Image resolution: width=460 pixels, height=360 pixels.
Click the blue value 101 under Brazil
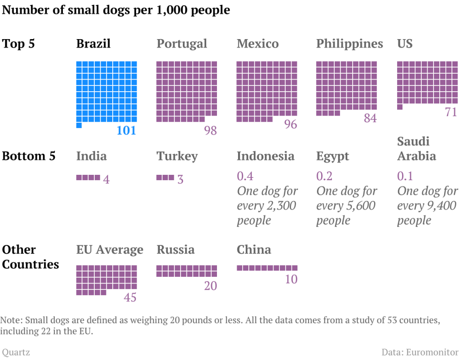point(126,131)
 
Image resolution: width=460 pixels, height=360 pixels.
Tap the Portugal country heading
point(182,44)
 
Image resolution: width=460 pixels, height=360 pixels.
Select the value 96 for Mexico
point(291,124)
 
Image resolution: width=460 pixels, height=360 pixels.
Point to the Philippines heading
point(349,44)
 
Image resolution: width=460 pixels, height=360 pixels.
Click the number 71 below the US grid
point(451,112)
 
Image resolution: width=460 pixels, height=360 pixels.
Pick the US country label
point(405,44)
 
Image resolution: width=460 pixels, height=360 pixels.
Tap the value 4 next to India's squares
point(106,179)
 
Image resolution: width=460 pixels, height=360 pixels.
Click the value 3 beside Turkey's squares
point(180,179)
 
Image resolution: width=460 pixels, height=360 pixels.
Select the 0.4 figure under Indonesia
point(245,176)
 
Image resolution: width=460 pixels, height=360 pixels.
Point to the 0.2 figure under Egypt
point(325,176)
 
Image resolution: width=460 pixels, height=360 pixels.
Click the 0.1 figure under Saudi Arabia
point(405,176)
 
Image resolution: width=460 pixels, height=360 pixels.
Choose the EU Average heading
point(110,249)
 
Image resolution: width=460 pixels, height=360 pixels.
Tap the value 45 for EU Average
point(130,298)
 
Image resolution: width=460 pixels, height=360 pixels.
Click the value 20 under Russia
point(210,286)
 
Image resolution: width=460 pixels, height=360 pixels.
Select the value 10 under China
point(291,279)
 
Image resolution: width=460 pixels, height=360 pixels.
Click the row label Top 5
point(18,44)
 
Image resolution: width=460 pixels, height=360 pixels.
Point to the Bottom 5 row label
point(29,156)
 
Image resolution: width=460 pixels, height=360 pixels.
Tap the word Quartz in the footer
point(16,352)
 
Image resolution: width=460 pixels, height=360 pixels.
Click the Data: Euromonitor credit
point(420,352)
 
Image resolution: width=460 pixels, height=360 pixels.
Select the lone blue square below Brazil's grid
point(79,125)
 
